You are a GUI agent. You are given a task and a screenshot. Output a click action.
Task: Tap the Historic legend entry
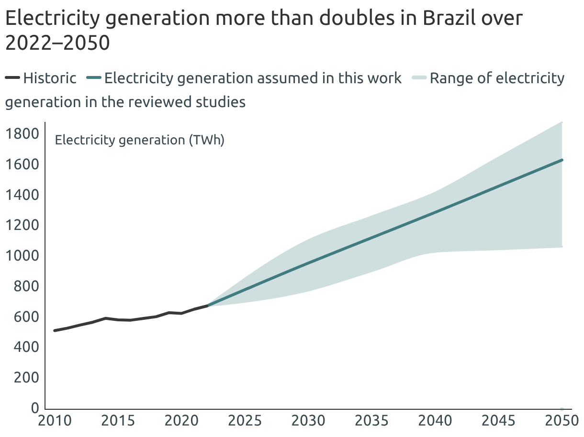(x=50, y=78)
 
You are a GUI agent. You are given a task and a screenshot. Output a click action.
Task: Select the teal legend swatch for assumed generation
(x=94, y=78)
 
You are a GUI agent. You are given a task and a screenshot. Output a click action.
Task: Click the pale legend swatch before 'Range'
(x=419, y=78)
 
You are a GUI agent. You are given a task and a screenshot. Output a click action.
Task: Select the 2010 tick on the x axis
(x=56, y=421)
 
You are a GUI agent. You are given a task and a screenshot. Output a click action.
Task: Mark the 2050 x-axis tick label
(x=561, y=421)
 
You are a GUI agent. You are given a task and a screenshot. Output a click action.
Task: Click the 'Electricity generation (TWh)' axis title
(x=140, y=141)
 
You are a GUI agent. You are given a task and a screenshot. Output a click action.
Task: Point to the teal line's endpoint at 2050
(x=562, y=160)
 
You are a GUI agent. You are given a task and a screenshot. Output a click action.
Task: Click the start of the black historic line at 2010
(x=55, y=330)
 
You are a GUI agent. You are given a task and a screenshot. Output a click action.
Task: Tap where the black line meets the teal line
(x=207, y=305)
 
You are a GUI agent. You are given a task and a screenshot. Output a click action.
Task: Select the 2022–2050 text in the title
(x=57, y=43)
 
